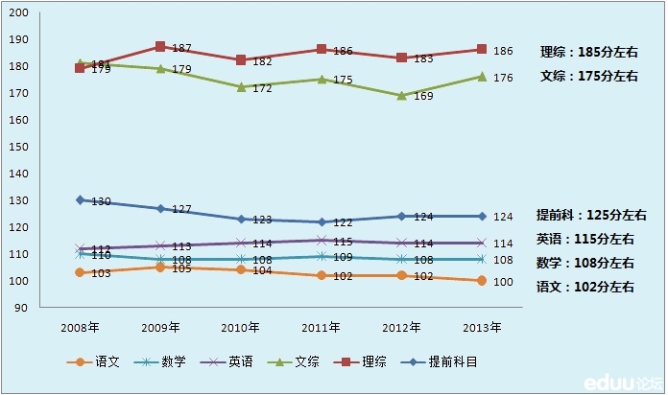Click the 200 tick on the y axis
tap(20, 13)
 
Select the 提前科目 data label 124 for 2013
tap(503, 217)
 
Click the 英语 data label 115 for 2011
tap(342, 243)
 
